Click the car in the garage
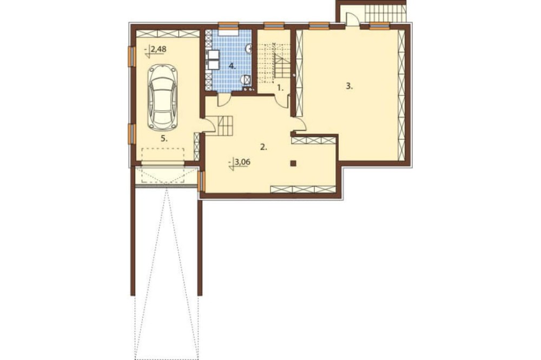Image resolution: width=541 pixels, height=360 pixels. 162,97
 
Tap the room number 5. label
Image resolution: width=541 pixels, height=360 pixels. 164,138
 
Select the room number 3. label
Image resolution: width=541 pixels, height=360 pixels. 349,86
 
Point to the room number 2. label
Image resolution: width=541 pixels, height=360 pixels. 263,148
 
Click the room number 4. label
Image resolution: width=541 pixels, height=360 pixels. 232,65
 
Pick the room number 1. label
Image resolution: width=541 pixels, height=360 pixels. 280,88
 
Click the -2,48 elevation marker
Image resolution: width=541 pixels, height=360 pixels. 156,50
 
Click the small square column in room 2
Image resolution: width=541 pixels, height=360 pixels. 293,163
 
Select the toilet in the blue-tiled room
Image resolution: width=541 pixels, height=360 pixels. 247,79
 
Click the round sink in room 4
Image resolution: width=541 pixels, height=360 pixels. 248,49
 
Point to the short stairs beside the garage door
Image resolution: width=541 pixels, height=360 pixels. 225,125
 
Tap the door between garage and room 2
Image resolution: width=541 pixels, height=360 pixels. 208,125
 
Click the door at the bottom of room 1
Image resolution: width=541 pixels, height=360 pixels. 282,102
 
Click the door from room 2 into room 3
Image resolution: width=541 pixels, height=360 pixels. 299,124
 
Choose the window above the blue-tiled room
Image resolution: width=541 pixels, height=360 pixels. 229,24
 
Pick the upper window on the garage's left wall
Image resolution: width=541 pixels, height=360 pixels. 131,56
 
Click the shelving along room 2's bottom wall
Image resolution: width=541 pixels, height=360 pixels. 302,189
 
